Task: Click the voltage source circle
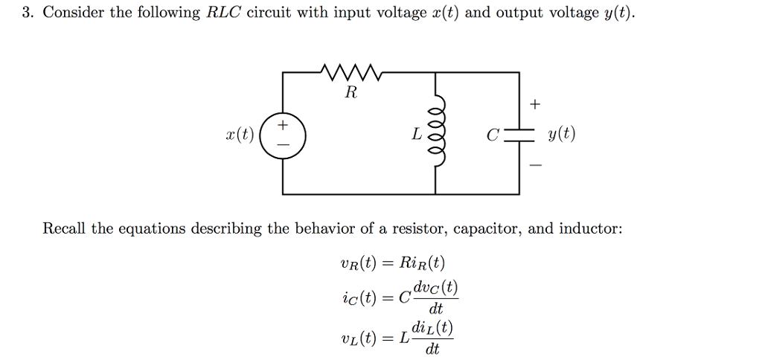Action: click(x=284, y=135)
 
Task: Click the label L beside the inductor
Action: click(x=417, y=135)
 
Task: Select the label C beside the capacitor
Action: click(x=492, y=136)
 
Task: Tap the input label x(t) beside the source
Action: click(x=239, y=135)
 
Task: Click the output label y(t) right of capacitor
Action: click(x=560, y=135)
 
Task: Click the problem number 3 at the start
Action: click(x=25, y=13)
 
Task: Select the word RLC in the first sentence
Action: click(x=222, y=13)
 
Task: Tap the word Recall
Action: click(x=65, y=228)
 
